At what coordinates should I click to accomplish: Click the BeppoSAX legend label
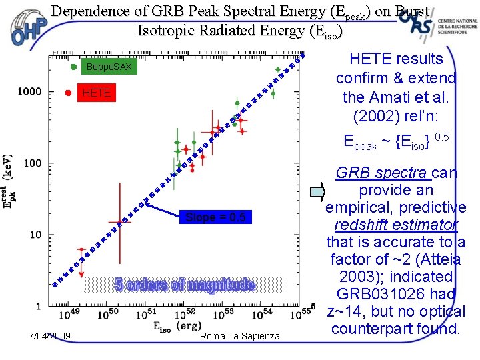tap(109, 67)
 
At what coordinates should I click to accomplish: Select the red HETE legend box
tap(96, 93)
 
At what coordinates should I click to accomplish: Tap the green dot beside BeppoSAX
tap(73, 67)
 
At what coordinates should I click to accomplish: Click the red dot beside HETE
tap(68, 93)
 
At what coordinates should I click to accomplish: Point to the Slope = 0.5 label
tap(215, 217)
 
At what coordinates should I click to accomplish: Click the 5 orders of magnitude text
tap(185, 285)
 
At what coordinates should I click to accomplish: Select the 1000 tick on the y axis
tap(29, 91)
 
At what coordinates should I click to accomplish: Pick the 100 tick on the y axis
tap(32, 163)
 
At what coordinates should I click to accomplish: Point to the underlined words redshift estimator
tap(396, 225)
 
